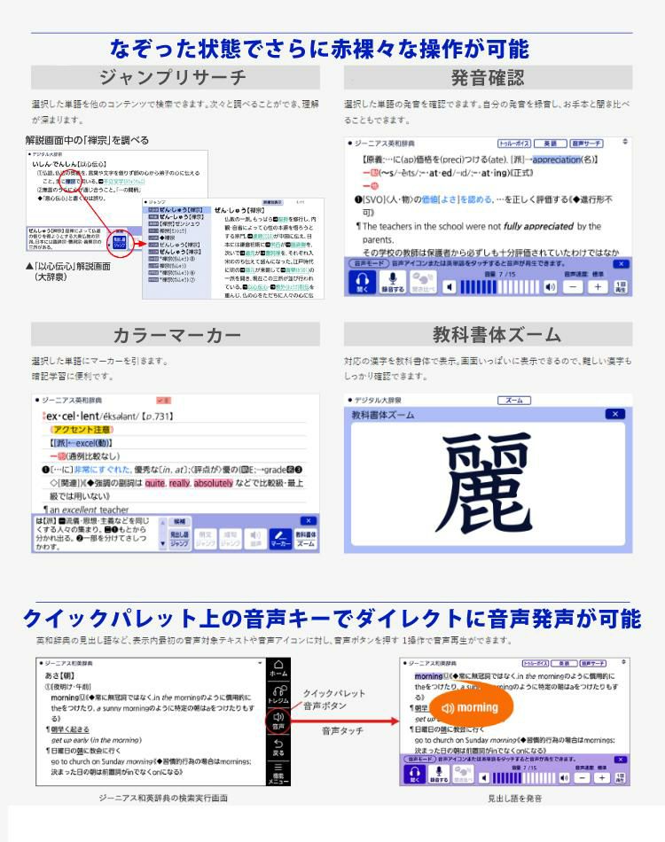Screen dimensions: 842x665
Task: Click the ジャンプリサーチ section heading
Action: [x=173, y=77]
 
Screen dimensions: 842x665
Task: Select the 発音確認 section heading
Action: [x=488, y=77]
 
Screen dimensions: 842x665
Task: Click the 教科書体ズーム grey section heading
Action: [x=488, y=335]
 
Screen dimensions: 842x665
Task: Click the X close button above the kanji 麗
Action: [x=614, y=414]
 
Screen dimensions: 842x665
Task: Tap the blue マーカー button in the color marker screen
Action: [x=280, y=539]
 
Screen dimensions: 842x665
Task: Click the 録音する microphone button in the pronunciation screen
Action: [x=392, y=284]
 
